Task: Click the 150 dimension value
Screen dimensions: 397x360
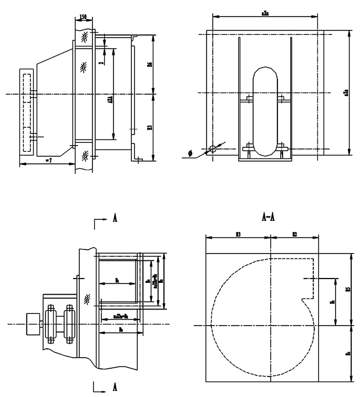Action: pos(83,18)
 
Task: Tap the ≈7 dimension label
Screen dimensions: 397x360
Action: pos(48,160)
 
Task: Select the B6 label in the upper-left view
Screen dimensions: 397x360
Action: pos(149,65)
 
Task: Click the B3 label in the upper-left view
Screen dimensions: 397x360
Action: pos(149,128)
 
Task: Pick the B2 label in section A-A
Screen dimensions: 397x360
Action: pos(294,235)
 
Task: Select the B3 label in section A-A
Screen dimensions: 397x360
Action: pos(238,235)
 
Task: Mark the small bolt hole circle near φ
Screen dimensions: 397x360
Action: pos(212,149)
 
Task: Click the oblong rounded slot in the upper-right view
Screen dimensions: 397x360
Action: pos(264,111)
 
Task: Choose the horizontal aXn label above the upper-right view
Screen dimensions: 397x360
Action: pos(264,12)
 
